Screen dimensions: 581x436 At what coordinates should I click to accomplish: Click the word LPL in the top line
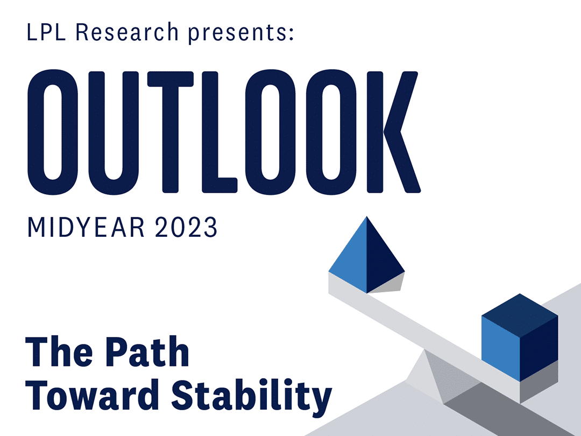pyautogui.click(x=46, y=32)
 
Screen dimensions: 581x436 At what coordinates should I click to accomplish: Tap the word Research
pyautogui.click(x=127, y=32)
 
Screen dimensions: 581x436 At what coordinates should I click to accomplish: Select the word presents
pyautogui.click(x=237, y=33)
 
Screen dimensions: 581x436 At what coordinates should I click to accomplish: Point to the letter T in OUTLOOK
pyautogui.click(x=171, y=132)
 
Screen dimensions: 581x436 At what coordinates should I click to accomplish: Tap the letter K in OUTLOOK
pyautogui.click(x=393, y=132)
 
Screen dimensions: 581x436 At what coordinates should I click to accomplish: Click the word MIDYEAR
pyautogui.click(x=86, y=227)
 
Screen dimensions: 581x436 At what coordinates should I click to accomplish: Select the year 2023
pyautogui.click(x=186, y=227)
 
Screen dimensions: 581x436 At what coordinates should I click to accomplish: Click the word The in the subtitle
pyautogui.click(x=59, y=351)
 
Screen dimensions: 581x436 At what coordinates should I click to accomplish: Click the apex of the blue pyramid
pyautogui.click(x=366, y=216)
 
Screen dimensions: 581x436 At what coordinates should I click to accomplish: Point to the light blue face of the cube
pyautogui.click(x=501, y=348)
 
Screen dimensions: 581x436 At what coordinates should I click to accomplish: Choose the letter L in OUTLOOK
pyautogui.click(x=219, y=132)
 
